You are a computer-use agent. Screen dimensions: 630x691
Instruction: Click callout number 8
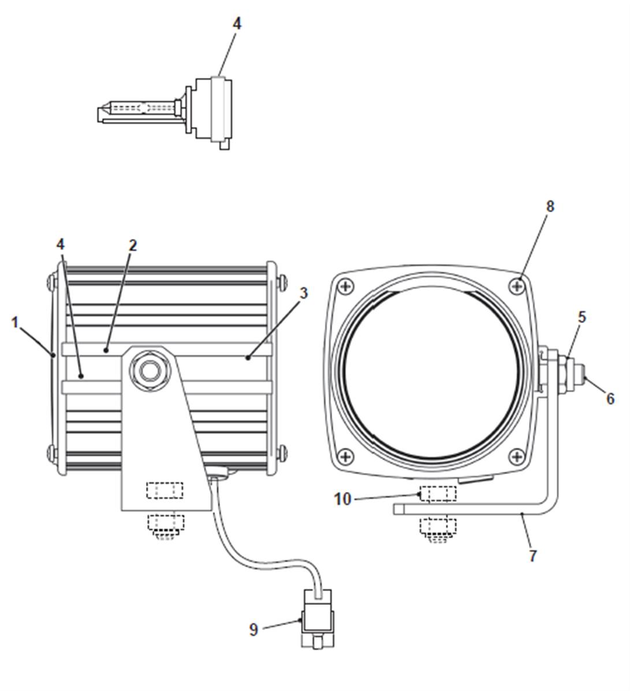coord(550,206)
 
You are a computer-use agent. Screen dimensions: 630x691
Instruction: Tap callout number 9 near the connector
coord(254,629)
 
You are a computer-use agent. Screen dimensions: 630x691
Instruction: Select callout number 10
coord(342,500)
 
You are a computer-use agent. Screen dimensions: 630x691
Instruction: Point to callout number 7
coord(533,555)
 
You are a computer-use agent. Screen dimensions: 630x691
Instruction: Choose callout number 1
coord(16,322)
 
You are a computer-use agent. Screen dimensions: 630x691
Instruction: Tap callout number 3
coord(304,293)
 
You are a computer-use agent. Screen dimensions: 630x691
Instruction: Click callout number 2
coord(133,246)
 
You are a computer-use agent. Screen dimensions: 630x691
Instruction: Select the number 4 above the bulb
coord(237,24)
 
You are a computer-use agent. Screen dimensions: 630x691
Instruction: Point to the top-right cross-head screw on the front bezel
coord(517,287)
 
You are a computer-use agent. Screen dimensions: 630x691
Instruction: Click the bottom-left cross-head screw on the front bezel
coord(346,456)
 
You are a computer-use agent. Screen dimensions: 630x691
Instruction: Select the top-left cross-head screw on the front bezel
coord(346,287)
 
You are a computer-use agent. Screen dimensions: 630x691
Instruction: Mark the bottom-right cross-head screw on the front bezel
coord(517,456)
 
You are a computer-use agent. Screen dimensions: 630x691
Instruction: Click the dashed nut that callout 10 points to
coord(438,494)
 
